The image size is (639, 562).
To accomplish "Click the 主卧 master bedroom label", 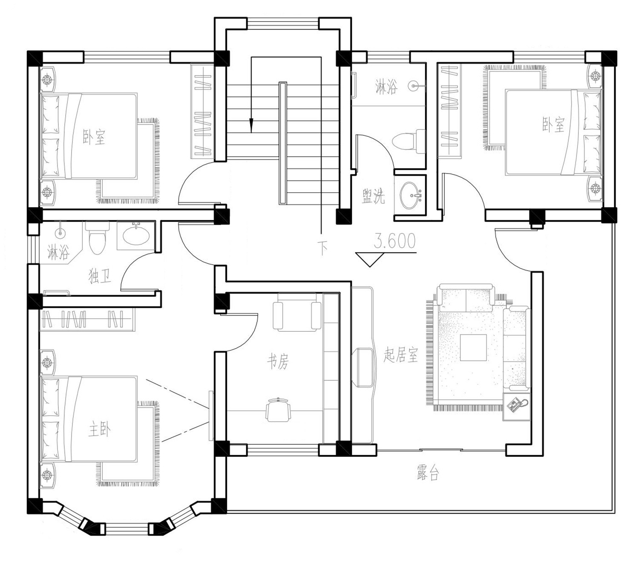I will click(100, 431).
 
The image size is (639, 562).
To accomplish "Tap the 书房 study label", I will click(278, 362).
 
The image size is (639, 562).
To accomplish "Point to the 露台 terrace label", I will click(428, 473).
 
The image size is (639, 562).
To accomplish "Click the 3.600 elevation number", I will click(394, 241).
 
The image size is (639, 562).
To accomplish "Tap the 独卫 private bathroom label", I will click(100, 277).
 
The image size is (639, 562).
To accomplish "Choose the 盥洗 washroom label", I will click(374, 196).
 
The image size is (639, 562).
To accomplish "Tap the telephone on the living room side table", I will click(517, 405).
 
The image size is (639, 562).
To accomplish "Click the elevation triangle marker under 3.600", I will click(370, 259).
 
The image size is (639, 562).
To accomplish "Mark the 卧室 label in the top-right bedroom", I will click(553, 125).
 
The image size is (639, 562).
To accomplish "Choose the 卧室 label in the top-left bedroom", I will click(94, 137).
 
